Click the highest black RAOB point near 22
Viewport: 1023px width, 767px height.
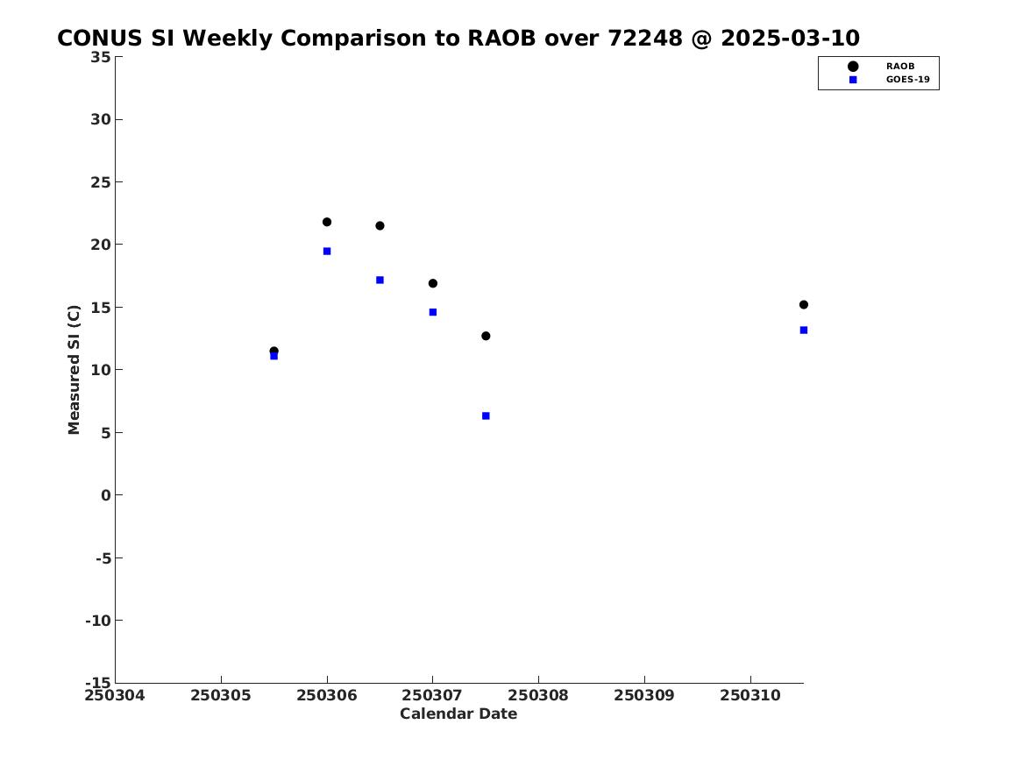click(327, 222)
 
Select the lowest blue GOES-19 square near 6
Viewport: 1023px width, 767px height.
click(486, 415)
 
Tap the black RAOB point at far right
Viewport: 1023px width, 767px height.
click(803, 304)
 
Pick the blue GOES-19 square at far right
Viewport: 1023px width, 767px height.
click(803, 330)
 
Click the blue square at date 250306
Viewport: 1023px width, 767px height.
click(327, 251)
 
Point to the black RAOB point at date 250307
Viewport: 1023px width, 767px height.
click(432, 283)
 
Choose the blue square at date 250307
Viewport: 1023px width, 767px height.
click(432, 312)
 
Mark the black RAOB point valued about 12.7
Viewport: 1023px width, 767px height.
click(486, 336)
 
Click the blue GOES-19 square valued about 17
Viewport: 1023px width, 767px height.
click(380, 280)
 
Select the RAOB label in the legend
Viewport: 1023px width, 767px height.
click(899, 66)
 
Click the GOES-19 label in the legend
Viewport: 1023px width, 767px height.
click(907, 80)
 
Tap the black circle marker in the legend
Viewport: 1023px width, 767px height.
click(852, 66)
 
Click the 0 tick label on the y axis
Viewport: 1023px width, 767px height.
click(106, 495)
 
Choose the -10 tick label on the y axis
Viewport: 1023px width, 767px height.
click(98, 621)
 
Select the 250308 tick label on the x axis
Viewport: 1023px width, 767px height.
click(538, 695)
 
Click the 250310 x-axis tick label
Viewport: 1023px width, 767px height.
click(750, 695)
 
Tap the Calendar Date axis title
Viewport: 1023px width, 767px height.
click(458, 714)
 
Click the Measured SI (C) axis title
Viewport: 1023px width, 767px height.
click(74, 369)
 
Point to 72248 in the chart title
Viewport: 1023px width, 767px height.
click(645, 38)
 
